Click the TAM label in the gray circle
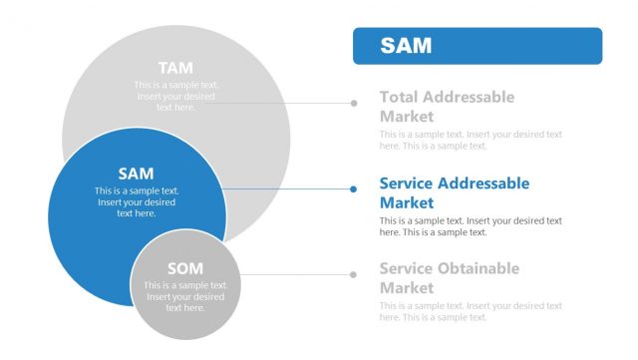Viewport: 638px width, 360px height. click(x=176, y=68)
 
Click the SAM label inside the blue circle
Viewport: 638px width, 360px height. click(x=136, y=174)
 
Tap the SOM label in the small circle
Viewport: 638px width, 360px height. click(x=185, y=268)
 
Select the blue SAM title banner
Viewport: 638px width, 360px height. click(x=478, y=46)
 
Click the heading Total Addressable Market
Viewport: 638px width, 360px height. click(x=447, y=106)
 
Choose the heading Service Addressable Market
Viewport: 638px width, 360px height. click(x=454, y=192)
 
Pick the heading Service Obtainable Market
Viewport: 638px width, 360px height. click(x=449, y=278)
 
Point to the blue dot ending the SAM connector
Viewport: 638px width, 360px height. click(x=353, y=188)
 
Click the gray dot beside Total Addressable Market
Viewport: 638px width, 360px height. click(x=353, y=102)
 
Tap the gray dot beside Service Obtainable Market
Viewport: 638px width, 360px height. click(x=353, y=274)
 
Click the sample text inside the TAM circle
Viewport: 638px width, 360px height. click(x=176, y=96)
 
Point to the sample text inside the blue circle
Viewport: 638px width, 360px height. click(x=137, y=201)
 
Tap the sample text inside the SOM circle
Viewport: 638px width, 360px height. click(x=185, y=296)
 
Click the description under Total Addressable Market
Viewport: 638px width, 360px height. click(x=471, y=140)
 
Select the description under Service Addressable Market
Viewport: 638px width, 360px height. click(x=471, y=226)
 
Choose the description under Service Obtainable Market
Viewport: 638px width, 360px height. click(x=471, y=311)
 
